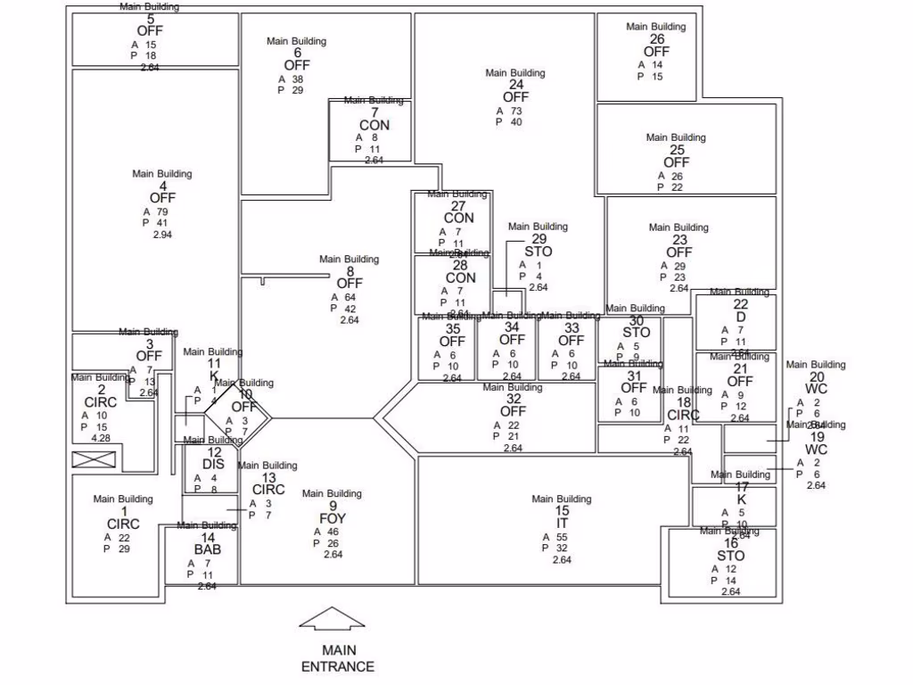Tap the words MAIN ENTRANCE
pyautogui.click(x=337, y=659)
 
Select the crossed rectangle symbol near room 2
pyautogui.click(x=94, y=459)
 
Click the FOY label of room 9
pyautogui.click(x=333, y=518)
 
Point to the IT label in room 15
pyautogui.click(x=562, y=524)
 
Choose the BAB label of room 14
pyautogui.click(x=207, y=549)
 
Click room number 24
pyautogui.click(x=515, y=85)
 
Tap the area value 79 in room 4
pyautogui.click(x=162, y=211)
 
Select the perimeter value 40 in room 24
pyautogui.click(x=516, y=122)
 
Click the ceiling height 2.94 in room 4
pyautogui.click(x=162, y=235)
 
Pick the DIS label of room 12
pyautogui.click(x=213, y=464)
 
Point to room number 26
pyautogui.click(x=656, y=39)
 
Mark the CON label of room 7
pyautogui.click(x=374, y=126)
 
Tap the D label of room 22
pyautogui.click(x=741, y=317)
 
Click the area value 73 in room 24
pyautogui.click(x=516, y=111)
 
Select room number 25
pyautogui.click(x=677, y=150)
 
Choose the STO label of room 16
pyautogui.click(x=730, y=556)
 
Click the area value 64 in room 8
pyautogui.click(x=350, y=297)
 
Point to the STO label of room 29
pyautogui.click(x=539, y=252)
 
